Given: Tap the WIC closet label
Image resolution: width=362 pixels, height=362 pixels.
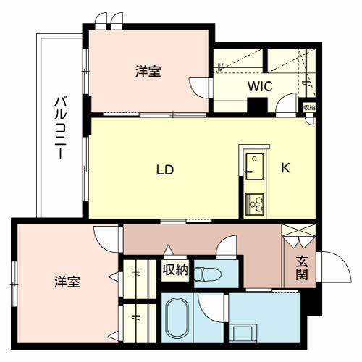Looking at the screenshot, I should click(258, 86).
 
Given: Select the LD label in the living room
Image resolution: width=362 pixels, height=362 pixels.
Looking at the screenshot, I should click(165, 170).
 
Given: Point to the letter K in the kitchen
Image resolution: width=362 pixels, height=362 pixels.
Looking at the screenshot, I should click(285, 168).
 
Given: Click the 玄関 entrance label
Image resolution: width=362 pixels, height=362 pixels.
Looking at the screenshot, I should click(302, 269).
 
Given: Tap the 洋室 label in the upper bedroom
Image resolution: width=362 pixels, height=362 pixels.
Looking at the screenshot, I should click(148, 72).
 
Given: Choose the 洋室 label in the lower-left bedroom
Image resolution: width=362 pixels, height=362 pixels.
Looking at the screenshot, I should click(66, 282).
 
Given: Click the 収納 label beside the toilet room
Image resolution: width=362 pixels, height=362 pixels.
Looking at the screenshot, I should click(175, 270).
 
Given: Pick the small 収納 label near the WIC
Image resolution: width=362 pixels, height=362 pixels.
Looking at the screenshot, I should click(309, 108).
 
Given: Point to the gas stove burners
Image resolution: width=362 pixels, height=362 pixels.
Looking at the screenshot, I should click(254, 203).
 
